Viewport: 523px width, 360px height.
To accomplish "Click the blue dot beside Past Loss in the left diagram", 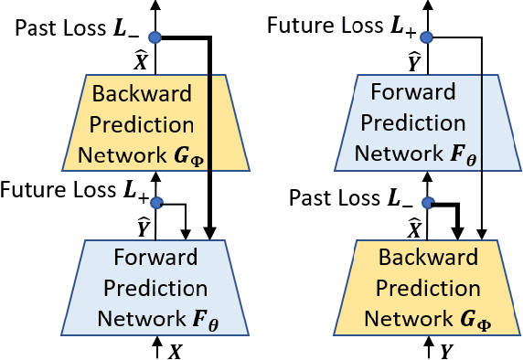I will click(x=155, y=37).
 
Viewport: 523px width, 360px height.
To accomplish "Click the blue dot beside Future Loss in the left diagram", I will click(x=155, y=203).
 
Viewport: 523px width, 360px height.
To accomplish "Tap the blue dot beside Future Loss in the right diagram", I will click(x=426, y=37).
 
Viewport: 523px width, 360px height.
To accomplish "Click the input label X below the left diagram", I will click(x=175, y=349).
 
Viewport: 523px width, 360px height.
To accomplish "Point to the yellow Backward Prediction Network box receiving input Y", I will click(x=427, y=288).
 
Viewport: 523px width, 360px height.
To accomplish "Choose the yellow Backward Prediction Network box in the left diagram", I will click(x=156, y=122).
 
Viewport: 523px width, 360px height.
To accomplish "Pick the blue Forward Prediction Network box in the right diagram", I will click(x=427, y=122).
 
